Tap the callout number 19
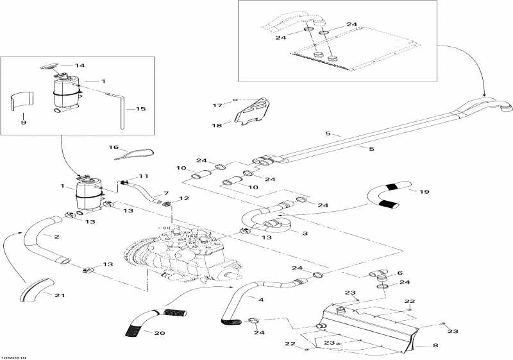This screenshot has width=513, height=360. coord(424,191)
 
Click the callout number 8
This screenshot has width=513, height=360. coord(435,346)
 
